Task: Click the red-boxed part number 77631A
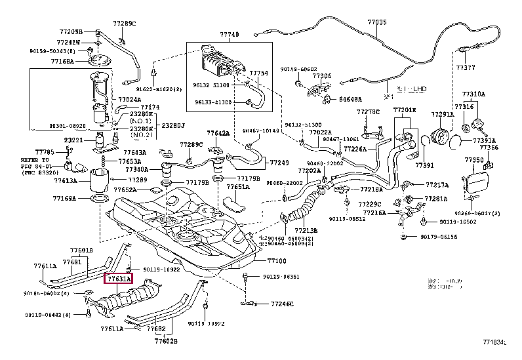pyautogui.click(x=119, y=279)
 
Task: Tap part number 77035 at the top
pyautogui.click(x=376, y=22)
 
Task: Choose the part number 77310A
pyautogui.click(x=473, y=94)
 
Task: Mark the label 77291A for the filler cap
pyautogui.click(x=442, y=115)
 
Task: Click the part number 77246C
pyautogui.click(x=283, y=304)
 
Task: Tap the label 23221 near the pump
pyautogui.click(x=73, y=140)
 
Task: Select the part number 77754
pyautogui.click(x=259, y=73)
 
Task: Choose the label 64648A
pyautogui.click(x=351, y=100)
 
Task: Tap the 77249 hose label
pyautogui.click(x=279, y=162)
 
